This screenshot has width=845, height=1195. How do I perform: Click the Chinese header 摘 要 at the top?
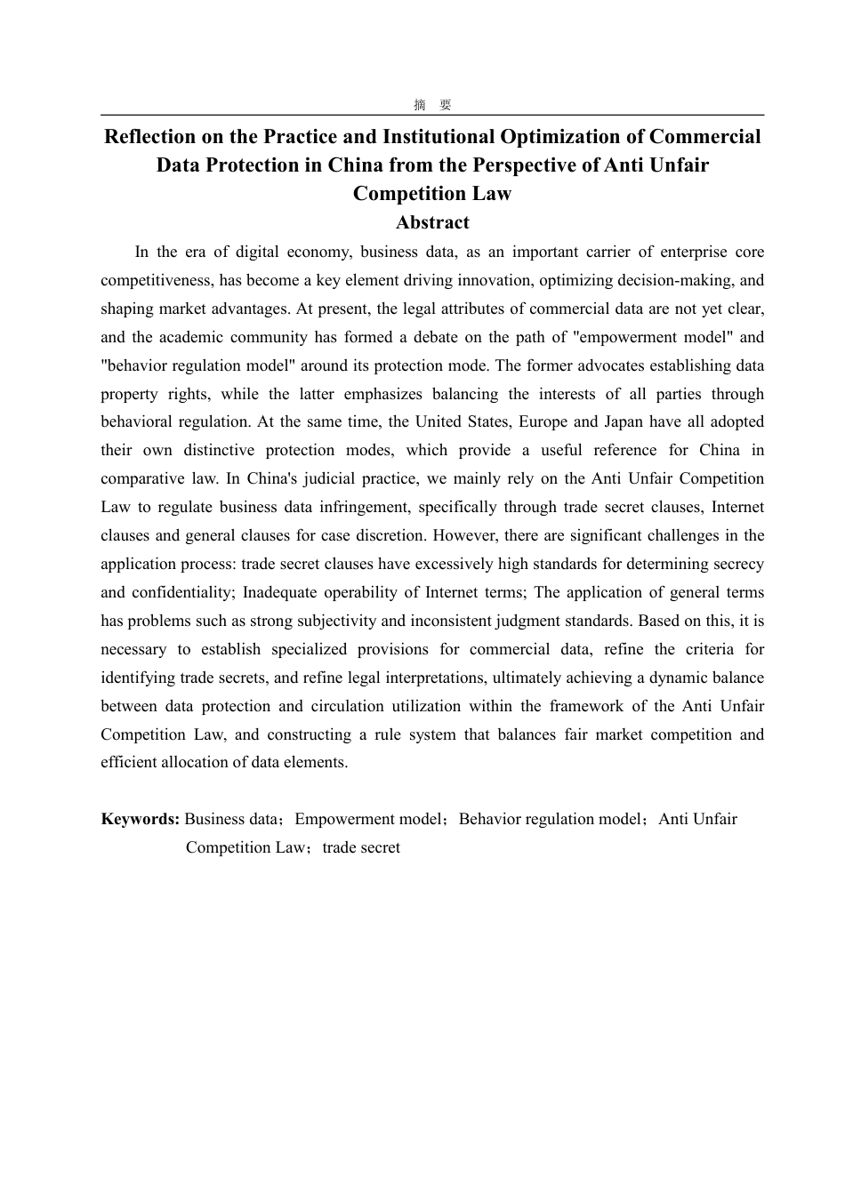pyautogui.click(x=432, y=105)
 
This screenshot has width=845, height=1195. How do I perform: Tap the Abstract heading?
pyautogui.click(x=432, y=222)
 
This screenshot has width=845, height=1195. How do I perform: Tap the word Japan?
pyautogui.click(x=623, y=421)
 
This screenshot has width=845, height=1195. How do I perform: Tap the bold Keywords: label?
pyautogui.click(x=141, y=819)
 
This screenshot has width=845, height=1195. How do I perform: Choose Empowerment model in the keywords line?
pyautogui.click(x=367, y=819)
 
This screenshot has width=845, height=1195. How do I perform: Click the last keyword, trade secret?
pyautogui.click(x=361, y=847)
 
